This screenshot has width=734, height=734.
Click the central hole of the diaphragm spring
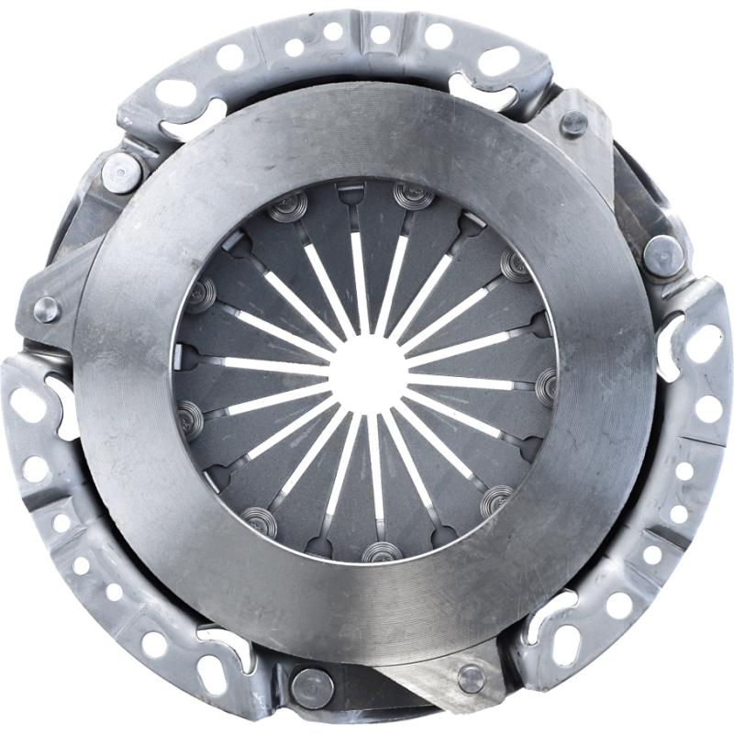tap(367, 372)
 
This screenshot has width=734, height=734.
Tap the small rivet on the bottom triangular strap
tap(471, 678)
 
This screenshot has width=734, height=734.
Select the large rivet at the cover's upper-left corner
tap(122, 172)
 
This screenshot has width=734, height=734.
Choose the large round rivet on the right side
tap(662, 254)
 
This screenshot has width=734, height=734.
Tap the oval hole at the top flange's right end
tap(500, 60)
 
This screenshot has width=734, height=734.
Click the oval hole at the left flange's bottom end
tap(212, 674)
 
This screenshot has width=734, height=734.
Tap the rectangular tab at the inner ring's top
tap(350, 191)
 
